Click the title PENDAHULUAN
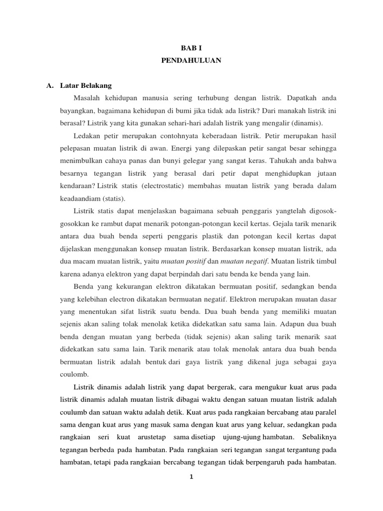[191, 61]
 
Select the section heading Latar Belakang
[85, 85]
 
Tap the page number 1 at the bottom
[191, 477]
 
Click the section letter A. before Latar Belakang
[50, 85]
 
